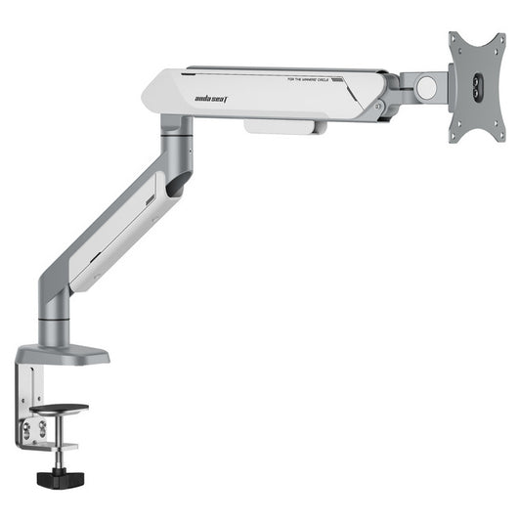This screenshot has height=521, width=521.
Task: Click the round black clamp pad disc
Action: (x=59, y=410)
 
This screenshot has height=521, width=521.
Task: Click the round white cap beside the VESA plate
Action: (x=426, y=87)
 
